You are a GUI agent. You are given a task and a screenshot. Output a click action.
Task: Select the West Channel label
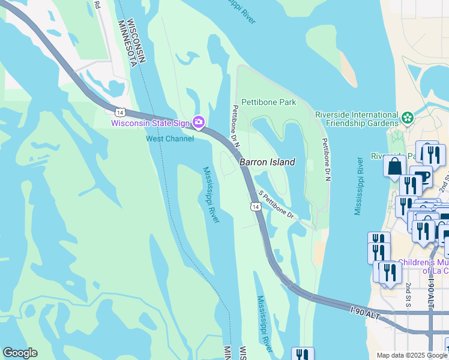click(170, 139)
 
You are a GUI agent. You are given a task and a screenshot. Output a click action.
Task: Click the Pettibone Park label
click(268, 102)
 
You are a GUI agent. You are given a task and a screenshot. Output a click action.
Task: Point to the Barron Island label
click(267, 162)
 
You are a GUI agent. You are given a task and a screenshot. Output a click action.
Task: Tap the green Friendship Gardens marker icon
click(408, 117)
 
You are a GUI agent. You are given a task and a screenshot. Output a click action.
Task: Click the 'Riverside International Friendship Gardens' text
click(357, 119)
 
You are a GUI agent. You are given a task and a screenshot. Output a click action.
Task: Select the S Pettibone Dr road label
click(276, 205)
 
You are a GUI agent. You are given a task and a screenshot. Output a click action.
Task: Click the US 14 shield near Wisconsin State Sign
click(120, 111)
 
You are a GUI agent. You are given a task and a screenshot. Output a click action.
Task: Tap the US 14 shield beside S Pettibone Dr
click(255, 206)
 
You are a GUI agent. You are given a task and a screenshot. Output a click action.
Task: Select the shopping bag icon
click(394, 166)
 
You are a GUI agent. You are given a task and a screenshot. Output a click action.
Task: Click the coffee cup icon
click(423, 177)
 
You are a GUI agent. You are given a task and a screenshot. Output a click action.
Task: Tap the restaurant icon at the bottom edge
click(301, 355)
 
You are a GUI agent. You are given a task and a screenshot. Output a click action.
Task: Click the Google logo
click(20, 353)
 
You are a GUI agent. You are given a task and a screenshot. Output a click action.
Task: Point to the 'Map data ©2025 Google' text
click(411, 355)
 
